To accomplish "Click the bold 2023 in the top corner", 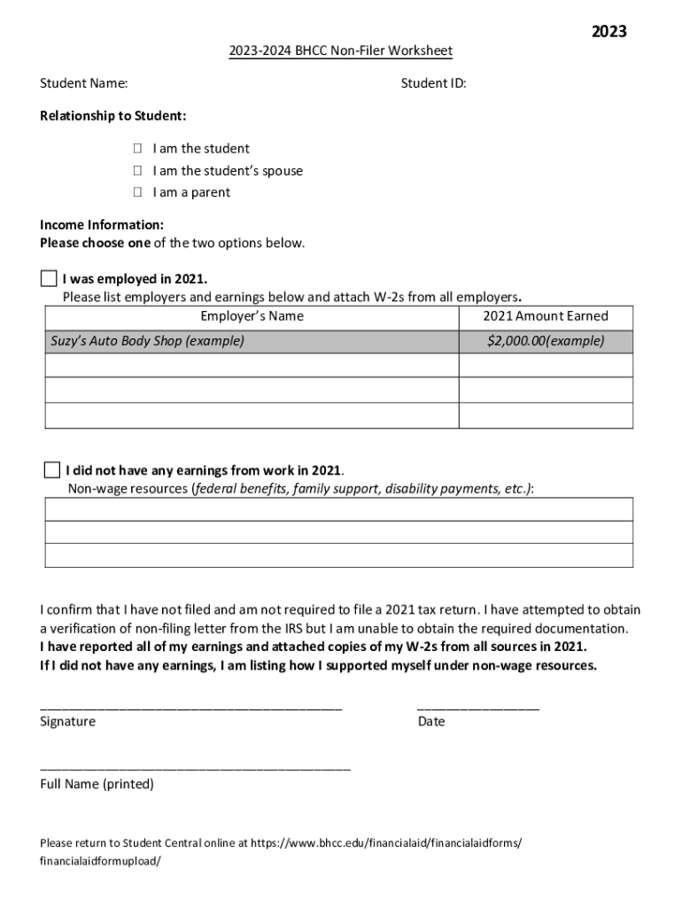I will click(608, 32).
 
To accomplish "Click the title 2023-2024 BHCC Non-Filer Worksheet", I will click(340, 51).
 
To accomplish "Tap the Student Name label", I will click(83, 83).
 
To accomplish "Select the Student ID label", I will click(433, 83).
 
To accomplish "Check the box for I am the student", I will click(138, 149).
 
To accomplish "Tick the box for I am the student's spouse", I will click(138, 171).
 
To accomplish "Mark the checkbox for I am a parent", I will click(138, 192).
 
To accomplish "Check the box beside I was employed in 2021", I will click(48, 279).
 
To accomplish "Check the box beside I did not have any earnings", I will click(51, 469).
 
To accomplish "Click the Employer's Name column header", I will click(252, 316).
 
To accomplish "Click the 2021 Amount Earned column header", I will click(546, 316).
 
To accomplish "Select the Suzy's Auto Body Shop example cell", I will click(252, 341).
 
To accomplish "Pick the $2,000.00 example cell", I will click(546, 341).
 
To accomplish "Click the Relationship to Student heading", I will click(112, 116).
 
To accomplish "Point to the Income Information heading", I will click(101, 225).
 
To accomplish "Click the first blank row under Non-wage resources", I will click(339, 509).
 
